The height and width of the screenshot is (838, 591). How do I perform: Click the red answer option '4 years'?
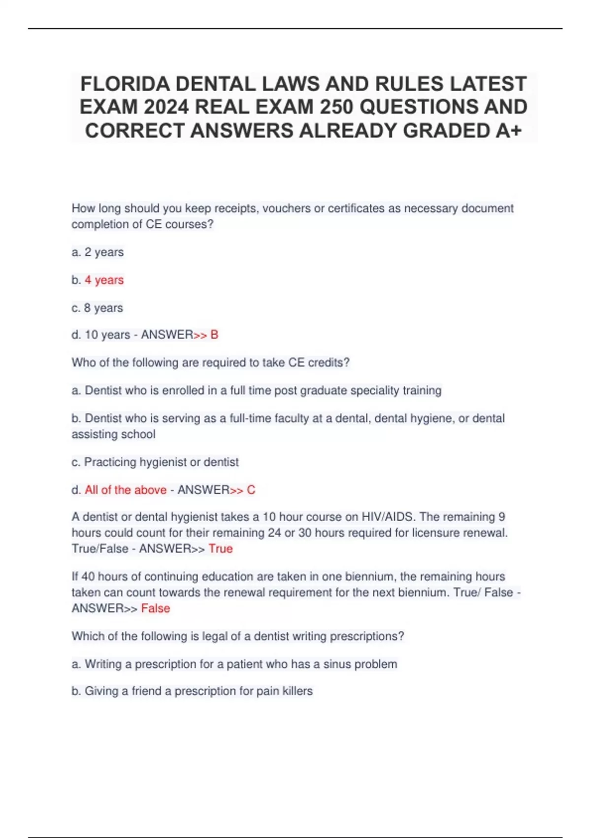coord(104,280)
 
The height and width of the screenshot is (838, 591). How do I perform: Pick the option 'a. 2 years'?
coord(98,252)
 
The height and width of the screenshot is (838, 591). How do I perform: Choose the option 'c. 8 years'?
coord(97,308)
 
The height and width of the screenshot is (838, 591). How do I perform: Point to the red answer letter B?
coord(214,335)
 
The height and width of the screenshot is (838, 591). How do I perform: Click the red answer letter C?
coord(251,490)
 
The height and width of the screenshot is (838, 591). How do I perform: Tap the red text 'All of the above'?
coord(126,490)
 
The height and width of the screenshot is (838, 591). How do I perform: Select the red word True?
coord(221,549)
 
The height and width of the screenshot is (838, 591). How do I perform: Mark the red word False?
coord(156,608)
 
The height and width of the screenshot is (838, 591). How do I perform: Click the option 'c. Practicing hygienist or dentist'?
coord(155,462)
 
